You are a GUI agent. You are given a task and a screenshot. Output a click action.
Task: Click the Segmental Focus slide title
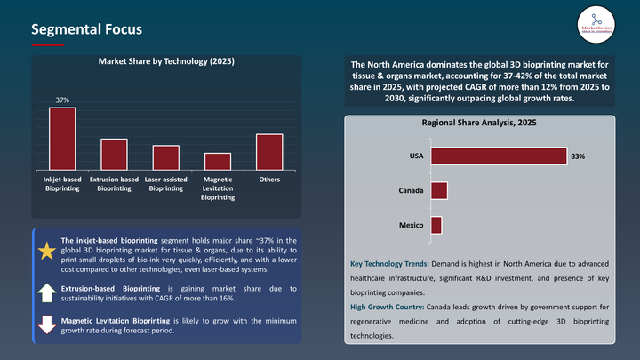pyautogui.click(x=86, y=29)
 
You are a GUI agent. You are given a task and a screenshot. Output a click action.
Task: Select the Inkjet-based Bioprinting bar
pyautogui.click(x=62, y=139)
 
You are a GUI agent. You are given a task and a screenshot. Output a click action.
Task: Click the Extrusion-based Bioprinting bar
pyautogui.click(x=114, y=154)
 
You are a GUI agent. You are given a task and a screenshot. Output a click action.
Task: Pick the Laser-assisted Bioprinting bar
pyautogui.click(x=165, y=157)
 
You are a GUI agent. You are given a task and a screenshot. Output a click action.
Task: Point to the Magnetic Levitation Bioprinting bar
pyautogui.click(x=217, y=161)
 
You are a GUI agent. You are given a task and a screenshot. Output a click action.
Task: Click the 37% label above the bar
pyautogui.click(x=62, y=101)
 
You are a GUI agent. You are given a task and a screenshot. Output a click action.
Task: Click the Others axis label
pyautogui.click(x=269, y=180)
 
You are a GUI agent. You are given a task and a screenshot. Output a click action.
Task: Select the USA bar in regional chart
pyautogui.click(x=498, y=156)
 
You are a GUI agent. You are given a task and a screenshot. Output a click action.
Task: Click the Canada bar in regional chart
pyautogui.click(x=439, y=191)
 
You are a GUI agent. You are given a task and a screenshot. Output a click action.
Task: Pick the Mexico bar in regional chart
pyautogui.click(x=436, y=226)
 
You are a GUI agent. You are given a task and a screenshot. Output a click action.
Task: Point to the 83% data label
pyautogui.click(x=578, y=156)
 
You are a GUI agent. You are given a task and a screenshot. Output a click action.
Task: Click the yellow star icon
pyautogui.click(x=46, y=252)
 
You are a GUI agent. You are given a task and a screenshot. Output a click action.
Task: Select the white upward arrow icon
pyautogui.click(x=46, y=292)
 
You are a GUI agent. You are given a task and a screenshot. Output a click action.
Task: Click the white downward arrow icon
pyautogui.click(x=46, y=324)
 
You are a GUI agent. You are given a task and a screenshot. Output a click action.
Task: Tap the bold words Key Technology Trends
pyautogui.click(x=388, y=265)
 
